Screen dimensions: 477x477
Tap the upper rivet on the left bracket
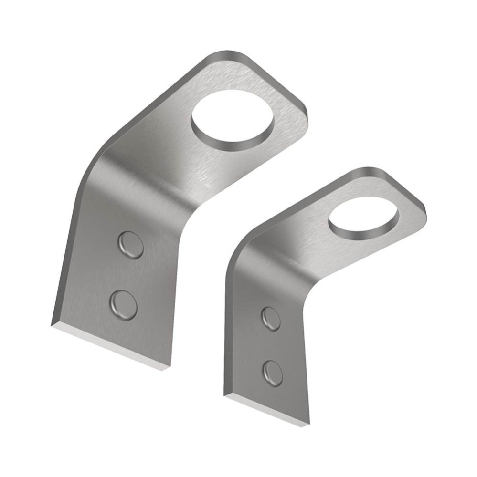click(x=131, y=245)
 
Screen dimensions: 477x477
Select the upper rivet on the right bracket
click(x=271, y=319)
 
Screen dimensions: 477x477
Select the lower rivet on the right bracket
click(x=273, y=373)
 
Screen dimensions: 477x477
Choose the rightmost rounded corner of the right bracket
click(x=422, y=210)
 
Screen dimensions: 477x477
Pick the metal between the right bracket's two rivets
click(x=272, y=346)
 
